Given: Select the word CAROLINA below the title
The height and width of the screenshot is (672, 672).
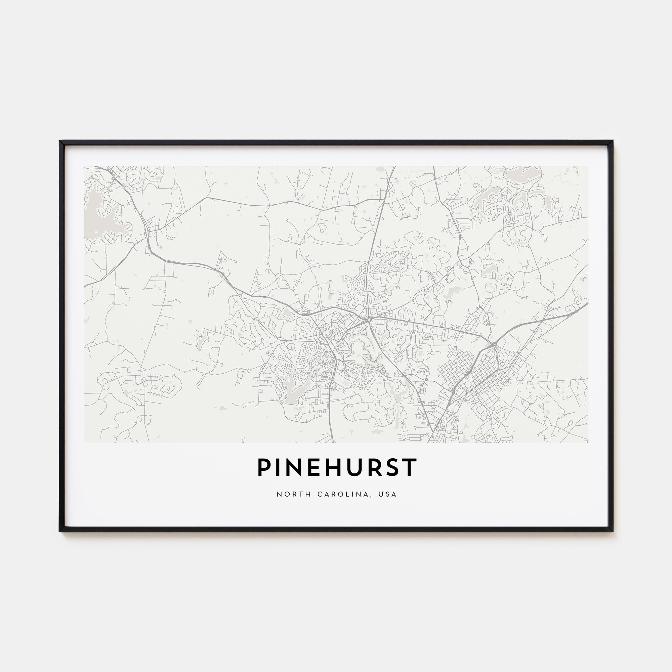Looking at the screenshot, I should point(342,494).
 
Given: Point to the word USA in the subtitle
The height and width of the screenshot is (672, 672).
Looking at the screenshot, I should point(389,494).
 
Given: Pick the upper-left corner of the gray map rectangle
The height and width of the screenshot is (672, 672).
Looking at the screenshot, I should point(85,166).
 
